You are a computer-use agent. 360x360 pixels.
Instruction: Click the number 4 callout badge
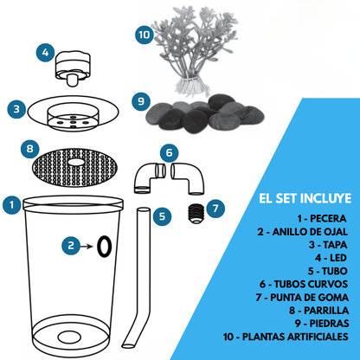pos(46,53)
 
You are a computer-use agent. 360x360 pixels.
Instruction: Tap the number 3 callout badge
pos(16,110)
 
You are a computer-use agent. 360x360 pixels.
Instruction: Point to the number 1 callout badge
pos(11,205)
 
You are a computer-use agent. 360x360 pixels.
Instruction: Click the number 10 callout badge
pos(144,35)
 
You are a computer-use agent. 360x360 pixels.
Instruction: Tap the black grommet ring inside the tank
pos(104,247)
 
